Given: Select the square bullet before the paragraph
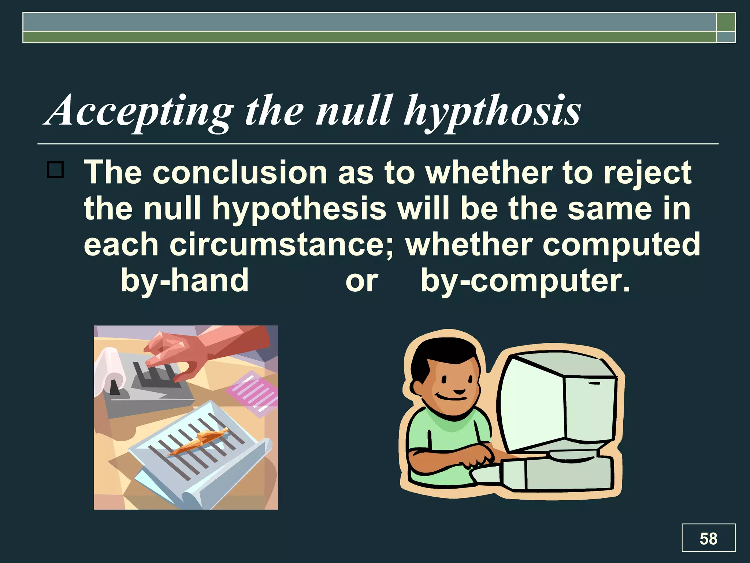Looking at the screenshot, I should (55, 170).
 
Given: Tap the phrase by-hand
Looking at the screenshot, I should (185, 280).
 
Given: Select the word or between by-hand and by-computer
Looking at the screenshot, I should (361, 281).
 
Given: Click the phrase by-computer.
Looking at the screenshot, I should (525, 280).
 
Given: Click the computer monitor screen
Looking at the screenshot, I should (531, 403).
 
